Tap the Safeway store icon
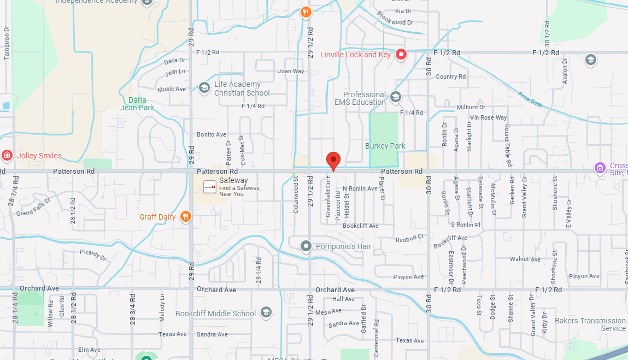(x=210, y=187)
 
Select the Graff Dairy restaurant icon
(x=186, y=217)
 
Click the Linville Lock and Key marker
(x=402, y=54)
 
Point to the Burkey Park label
(x=385, y=146)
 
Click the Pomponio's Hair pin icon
(x=306, y=246)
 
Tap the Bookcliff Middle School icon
(x=266, y=312)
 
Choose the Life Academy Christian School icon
(x=204, y=88)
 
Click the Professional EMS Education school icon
(x=396, y=98)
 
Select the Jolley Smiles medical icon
(x=7, y=156)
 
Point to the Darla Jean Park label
(x=138, y=104)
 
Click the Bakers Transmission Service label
(x=590, y=324)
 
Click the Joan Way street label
(x=291, y=71)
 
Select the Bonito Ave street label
(x=212, y=134)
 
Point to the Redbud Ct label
(x=410, y=239)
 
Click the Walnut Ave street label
(x=525, y=259)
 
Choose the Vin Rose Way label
(x=489, y=117)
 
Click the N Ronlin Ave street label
(x=360, y=188)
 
